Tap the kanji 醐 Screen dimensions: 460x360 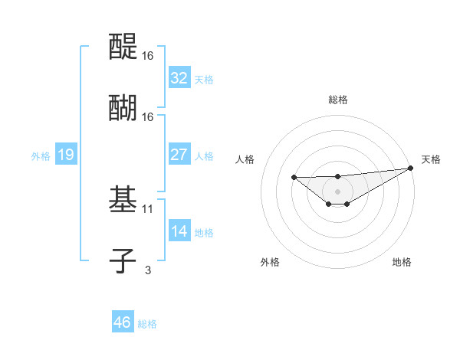pos(123,108)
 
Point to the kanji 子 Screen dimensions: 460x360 pos(123,260)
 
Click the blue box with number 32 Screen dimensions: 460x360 pos(179,78)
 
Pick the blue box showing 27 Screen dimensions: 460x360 pos(179,155)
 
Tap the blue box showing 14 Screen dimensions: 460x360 pos(179,231)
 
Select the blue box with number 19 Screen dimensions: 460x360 pos(65,155)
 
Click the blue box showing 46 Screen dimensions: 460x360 pos(122,322)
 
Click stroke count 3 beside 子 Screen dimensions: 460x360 pos(147,270)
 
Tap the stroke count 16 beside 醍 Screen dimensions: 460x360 pos(148,56)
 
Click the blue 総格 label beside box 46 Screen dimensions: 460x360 pos(147,324)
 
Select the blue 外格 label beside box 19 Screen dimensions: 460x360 pos(41,156)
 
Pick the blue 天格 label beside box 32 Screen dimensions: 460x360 pos(203,80)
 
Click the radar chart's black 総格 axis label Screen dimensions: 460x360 pos(338,100)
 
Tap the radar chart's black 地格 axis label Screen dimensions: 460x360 pos(402,262)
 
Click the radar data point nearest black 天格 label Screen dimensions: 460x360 pos(410,168)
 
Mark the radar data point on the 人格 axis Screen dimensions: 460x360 pos(294,178)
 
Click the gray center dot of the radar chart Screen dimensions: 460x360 pos(337,191)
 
